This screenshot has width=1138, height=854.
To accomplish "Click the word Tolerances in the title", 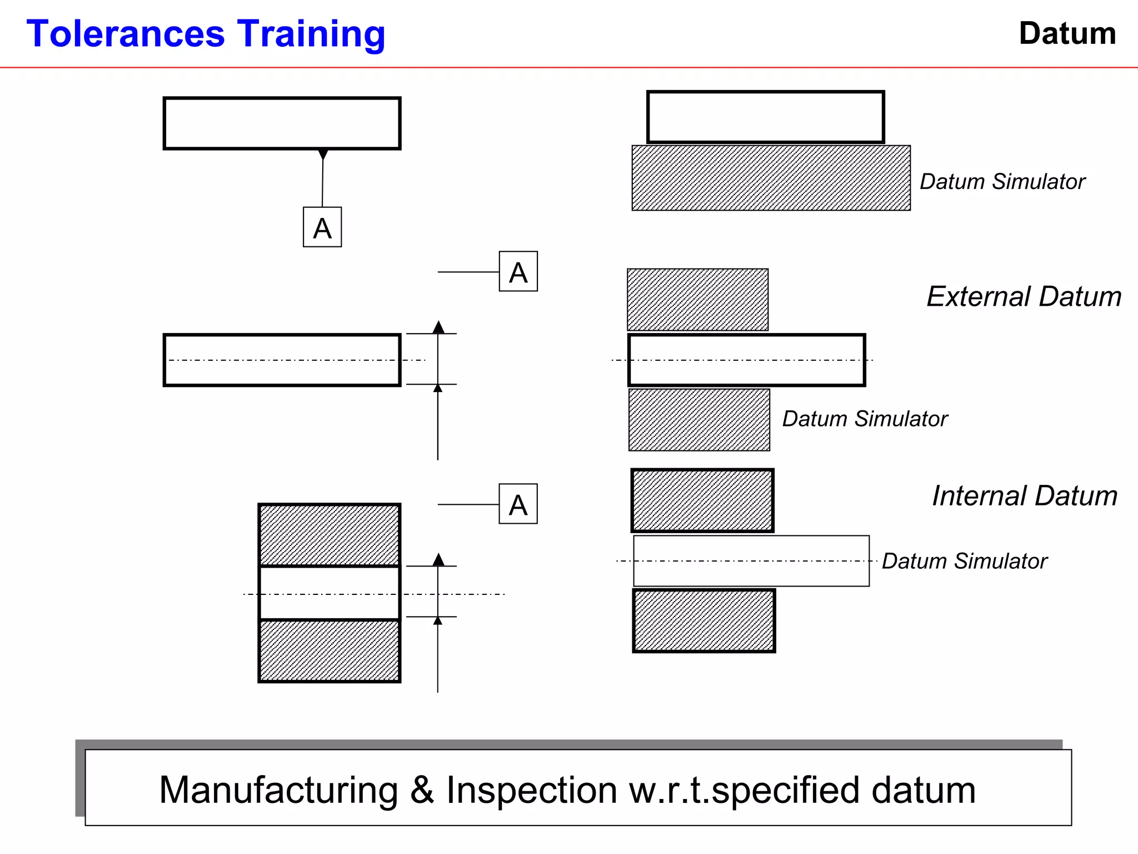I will pyautogui.click(x=126, y=34).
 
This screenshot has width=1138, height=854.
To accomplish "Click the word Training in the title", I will pyautogui.click(x=311, y=35).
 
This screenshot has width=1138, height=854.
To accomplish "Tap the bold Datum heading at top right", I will pyautogui.click(x=1067, y=33).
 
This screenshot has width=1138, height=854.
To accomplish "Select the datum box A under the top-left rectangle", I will pyautogui.click(x=322, y=227).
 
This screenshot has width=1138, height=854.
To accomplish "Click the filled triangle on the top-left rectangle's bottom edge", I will pyautogui.click(x=323, y=154).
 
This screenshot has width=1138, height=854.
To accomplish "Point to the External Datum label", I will pyautogui.click(x=1024, y=296).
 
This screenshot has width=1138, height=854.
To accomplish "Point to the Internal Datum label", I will pyautogui.click(x=1024, y=495).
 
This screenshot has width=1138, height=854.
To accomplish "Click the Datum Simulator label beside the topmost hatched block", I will pyautogui.click(x=1002, y=182).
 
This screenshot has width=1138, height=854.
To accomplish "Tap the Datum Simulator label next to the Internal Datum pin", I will pyautogui.click(x=964, y=561).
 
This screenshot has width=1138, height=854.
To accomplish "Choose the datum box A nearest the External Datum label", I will pyautogui.click(x=518, y=272).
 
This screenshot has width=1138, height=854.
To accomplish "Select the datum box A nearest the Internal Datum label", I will pyautogui.click(x=518, y=504).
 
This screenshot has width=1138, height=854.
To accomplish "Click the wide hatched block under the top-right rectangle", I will pyautogui.click(x=771, y=178).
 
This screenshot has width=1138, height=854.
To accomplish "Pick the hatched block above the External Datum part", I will pyautogui.click(x=697, y=300).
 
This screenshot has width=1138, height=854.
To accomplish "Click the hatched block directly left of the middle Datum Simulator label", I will pyautogui.click(x=699, y=420).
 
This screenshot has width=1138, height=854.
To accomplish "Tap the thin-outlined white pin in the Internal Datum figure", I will pyautogui.click(x=751, y=561).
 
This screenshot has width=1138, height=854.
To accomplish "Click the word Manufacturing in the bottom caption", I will pyautogui.click(x=278, y=790).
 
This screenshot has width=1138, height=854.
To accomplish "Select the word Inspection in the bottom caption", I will pyautogui.click(x=531, y=790).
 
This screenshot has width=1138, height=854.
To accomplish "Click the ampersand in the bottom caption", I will pyautogui.click(x=422, y=790).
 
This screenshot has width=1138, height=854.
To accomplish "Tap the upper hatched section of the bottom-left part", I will pyautogui.click(x=329, y=535).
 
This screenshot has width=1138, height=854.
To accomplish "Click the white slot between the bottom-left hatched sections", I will pyautogui.click(x=329, y=593).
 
